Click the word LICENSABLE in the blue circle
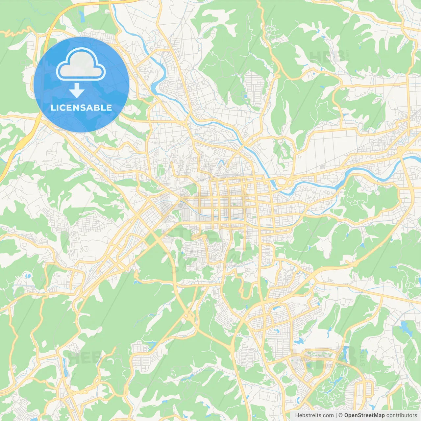tap(81, 108)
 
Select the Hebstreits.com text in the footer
tap(314, 415)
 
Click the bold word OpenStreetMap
tap(364, 415)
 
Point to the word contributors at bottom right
tap(401, 415)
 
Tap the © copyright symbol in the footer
tap(341, 415)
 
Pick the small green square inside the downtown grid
tap(234, 204)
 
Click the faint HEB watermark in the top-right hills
tap(326, 56)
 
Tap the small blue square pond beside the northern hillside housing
tap(245, 96)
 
